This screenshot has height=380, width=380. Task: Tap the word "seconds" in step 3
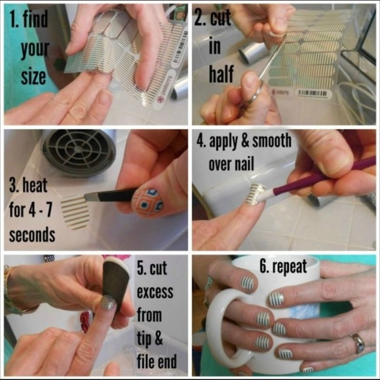32,235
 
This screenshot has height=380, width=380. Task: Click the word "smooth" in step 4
272,141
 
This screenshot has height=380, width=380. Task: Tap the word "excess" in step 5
155,292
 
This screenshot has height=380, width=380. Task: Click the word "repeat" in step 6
290,267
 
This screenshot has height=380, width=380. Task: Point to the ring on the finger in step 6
358,343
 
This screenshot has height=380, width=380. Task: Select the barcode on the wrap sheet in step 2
313,93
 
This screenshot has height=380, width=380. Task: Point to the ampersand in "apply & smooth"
245,140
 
